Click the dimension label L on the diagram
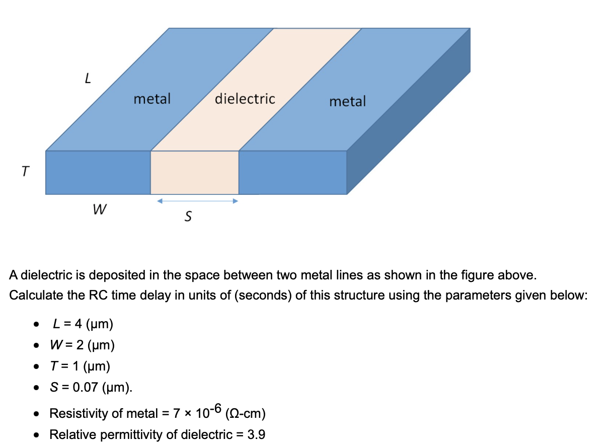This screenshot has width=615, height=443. coord(88,79)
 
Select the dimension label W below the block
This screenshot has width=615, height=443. coord(99,209)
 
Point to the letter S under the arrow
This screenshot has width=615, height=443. coord(188,217)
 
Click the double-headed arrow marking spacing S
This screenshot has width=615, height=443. coord(196,201)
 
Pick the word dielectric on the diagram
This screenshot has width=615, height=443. coord(245,99)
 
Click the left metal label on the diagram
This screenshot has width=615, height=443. coord(152,99)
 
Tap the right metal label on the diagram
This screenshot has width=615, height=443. coord(348,102)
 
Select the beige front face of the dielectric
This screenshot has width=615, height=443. coord(195,173)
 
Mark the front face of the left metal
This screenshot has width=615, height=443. coord(98,173)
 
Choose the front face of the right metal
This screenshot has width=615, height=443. coord(292,173)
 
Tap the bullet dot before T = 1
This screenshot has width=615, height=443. coord(36,367)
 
